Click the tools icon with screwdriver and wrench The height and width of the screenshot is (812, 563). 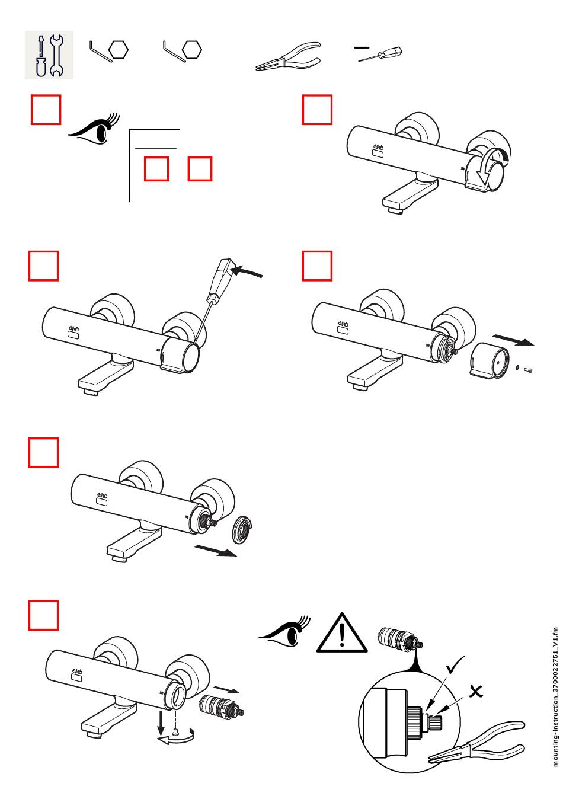coord(49,55)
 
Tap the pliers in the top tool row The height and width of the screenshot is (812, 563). coord(288,56)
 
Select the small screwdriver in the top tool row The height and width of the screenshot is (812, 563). coord(380,54)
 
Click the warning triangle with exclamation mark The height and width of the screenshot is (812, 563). coord(341,633)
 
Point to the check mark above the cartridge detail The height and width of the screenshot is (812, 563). coord(455,664)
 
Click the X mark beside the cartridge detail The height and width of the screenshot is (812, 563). coord(476,691)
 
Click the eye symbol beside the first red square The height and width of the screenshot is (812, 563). coord(94,129)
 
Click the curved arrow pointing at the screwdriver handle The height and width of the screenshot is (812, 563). coord(247,271)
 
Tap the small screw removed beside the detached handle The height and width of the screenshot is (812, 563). coord(528,370)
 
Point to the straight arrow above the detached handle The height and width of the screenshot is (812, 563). coord(513,340)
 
